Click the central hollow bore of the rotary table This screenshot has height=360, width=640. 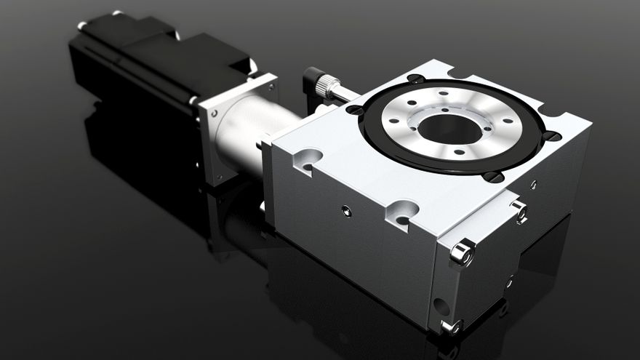[449, 129]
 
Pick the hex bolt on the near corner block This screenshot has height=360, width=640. [461, 253]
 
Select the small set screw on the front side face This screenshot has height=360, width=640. [346, 212]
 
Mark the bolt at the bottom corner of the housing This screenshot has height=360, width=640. [451, 327]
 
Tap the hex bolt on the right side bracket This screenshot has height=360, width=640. [519, 212]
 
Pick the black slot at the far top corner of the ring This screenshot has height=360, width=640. [416, 79]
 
